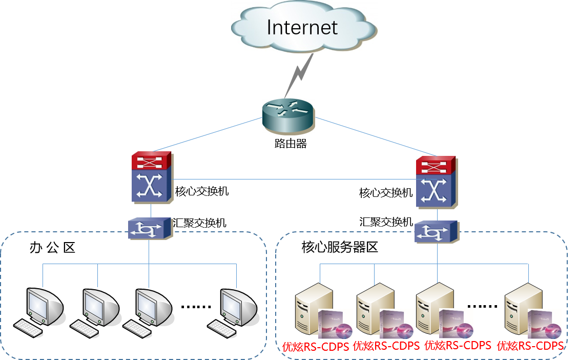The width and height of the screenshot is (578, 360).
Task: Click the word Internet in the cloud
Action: click(x=302, y=27)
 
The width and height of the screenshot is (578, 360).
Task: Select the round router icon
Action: click(x=288, y=117)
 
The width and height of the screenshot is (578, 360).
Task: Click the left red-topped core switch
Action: click(x=152, y=177)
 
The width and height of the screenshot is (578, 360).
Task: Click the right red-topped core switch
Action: click(x=436, y=182)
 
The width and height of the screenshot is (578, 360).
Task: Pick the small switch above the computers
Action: click(x=150, y=229)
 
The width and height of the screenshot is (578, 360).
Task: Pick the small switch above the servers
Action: click(x=437, y=232)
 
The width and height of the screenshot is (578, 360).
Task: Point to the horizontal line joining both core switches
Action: click(x=295, y=179)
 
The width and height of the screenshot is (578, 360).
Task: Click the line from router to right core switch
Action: click(x=374, y=137)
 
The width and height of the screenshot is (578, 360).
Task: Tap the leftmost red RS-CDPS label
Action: click(x=316, y=346)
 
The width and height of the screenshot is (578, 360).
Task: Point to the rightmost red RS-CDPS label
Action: click(x=530, y=345)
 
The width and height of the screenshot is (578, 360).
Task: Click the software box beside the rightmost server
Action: click(x=544, y=324)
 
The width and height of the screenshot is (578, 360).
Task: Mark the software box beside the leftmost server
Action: click(x=335, y=324)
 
